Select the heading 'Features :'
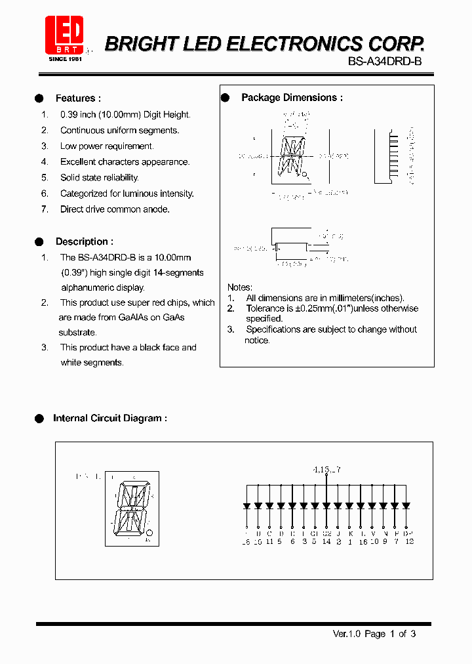click(x=78, y=98)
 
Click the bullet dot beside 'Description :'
click(x=39, y=241)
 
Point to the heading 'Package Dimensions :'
click(x=292, y=98)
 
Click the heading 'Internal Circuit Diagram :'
click(x=109, y=418)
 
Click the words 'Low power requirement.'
click(x=107, y=146)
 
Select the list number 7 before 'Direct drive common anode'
click(x=45, y=209)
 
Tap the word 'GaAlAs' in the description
click(x=134, y=318)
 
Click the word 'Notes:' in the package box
click(x=240, y=287)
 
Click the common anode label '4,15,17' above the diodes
click(x=326, y=470)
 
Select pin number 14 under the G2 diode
click(x=326, y=541)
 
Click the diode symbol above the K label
click(x=349, y=506)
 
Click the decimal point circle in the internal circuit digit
click(x=150, y=532)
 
